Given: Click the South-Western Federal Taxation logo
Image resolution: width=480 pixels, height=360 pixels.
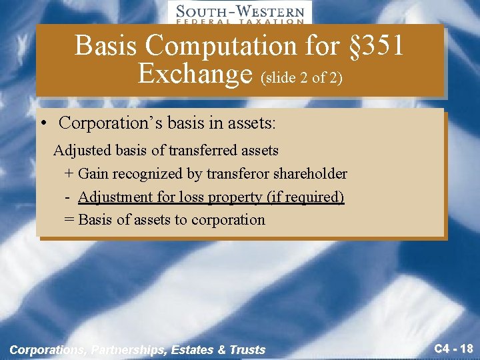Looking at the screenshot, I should tap(239, 13).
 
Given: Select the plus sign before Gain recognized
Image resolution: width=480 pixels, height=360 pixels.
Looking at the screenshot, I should tap(69, 174).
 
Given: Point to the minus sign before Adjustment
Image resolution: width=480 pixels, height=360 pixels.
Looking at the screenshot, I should tap(69, 197).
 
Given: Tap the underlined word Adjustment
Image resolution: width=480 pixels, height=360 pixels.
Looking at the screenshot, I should tap(114, 197).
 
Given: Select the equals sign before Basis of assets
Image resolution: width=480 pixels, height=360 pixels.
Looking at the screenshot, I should tap(69, 220).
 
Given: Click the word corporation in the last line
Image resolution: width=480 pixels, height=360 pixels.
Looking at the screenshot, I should tap(228, 220).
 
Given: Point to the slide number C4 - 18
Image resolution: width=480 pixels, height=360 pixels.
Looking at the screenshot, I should tap(453, 347).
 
